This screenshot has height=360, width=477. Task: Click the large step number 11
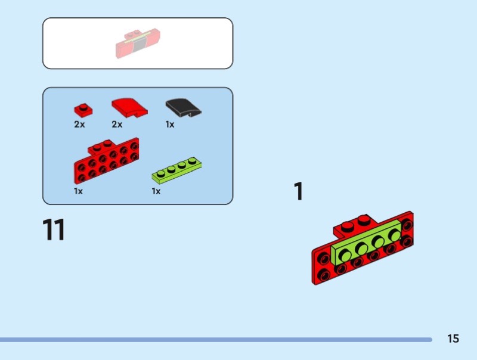54,229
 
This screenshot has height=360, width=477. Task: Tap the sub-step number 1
299,191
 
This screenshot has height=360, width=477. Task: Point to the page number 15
453,339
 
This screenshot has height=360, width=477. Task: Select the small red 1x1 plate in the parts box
83,110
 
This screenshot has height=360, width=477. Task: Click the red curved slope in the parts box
129,108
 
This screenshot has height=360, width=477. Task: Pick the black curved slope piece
184,108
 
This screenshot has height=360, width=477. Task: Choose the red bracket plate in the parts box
106,160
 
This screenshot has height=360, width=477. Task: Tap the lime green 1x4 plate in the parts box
176,170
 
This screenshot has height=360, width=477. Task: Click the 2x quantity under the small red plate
79,125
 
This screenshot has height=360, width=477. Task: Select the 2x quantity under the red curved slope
117,125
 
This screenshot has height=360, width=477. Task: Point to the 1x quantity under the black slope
170,125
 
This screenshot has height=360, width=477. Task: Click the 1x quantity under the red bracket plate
78,191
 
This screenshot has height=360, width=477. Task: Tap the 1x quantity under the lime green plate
156,191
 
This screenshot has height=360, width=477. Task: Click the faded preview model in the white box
138,43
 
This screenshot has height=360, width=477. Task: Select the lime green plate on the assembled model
366,243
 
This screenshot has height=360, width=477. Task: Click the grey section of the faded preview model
139,45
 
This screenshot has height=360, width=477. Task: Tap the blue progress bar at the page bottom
216,339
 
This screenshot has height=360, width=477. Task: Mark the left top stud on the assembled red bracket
348,226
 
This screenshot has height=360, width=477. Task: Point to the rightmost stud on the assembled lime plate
395,235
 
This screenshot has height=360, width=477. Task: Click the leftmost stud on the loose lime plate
161,173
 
